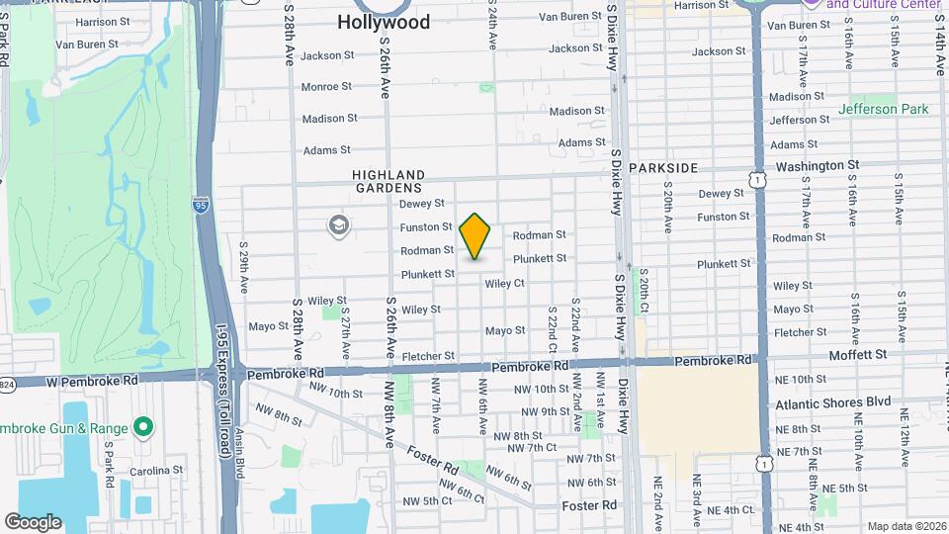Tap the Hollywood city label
click(x=384, y=22)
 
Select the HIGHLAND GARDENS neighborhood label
click(x=388, y=181)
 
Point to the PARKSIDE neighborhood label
click(x=663, y=168)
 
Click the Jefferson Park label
click(x=882, y=109)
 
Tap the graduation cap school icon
click(x=339, y=226)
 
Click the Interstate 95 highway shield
click(x=201, y=206)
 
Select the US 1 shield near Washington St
click(x=757, y=179)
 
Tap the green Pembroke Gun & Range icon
click(x=143, y=427)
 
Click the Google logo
click(x=33, y=522)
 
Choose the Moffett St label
click(x=857, y=353)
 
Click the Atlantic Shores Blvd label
click(x=833, y=403)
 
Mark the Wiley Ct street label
click(x=504, y=284)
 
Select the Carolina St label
click(x=158, y=471)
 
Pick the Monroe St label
click(x=326, y=87)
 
